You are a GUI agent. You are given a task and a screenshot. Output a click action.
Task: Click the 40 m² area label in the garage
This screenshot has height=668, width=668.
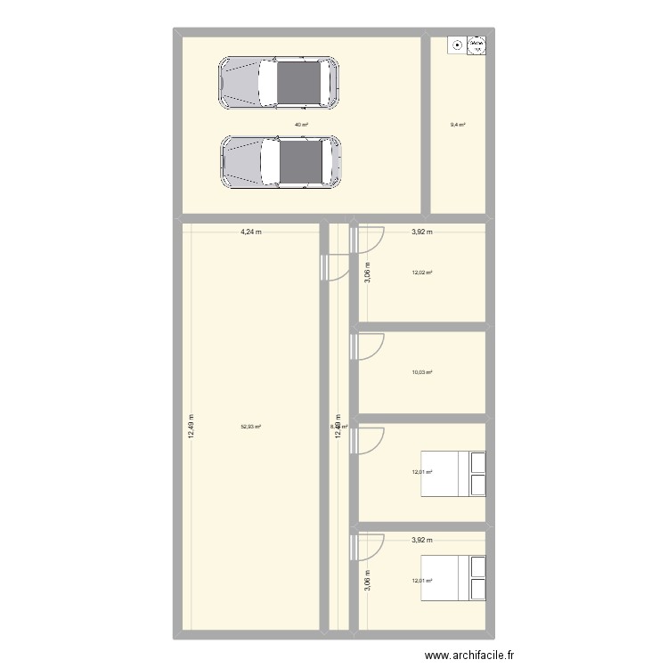[x=301, y=125]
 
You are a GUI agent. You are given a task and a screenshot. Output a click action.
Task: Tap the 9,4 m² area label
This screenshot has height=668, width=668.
[x=459, y=125]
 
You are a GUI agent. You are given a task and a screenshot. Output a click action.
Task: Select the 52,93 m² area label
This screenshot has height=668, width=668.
[x=250, y=427]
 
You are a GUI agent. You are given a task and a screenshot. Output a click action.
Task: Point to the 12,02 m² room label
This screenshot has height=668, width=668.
[x=422, y=273]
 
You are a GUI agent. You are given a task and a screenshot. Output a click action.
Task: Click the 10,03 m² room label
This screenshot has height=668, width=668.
[x=422, y=373]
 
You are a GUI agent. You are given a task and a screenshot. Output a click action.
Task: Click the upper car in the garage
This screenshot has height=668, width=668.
[x=279, y=83]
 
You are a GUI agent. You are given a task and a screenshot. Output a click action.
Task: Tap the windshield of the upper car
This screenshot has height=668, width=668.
[x=267, y=83]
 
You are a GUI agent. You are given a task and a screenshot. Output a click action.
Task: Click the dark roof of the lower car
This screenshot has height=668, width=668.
[x=301, y=163]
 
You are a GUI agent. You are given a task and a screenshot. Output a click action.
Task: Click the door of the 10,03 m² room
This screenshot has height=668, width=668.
[x=367, y=348]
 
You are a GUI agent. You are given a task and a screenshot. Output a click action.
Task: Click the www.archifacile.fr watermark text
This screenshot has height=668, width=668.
[x=469, y=656]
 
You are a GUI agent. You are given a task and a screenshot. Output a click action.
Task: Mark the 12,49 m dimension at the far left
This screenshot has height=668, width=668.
[x=191, y=427]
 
